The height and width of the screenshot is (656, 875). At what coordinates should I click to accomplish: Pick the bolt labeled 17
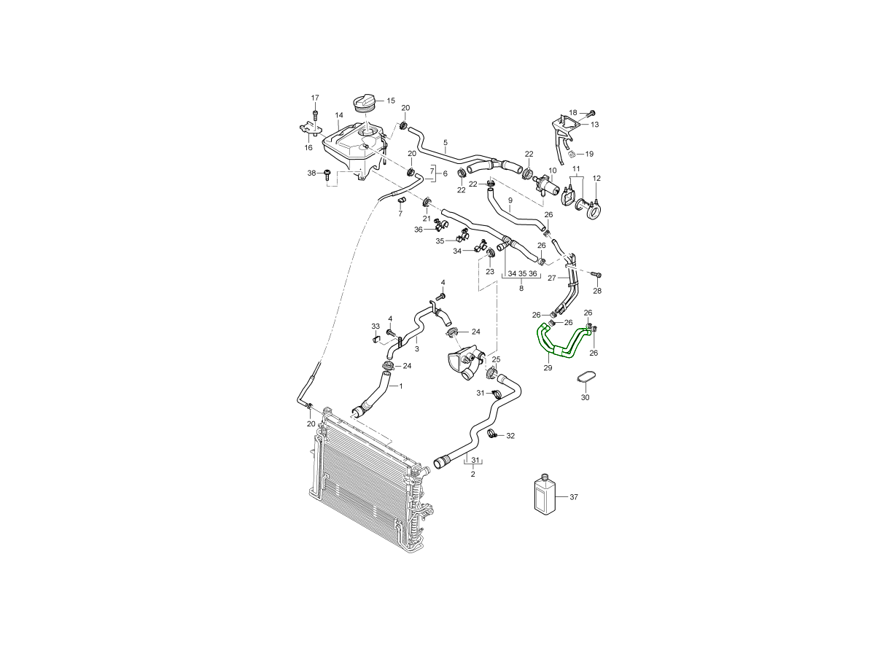click(x=315, y=115)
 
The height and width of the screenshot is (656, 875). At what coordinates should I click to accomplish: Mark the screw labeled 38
click(x=327, y=174)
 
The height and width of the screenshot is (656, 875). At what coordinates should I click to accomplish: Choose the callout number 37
click(x=574, y=497)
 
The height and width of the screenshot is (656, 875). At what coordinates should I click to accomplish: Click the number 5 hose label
click(x=446, y=142)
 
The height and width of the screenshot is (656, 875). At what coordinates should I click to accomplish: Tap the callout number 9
click(x=510, y=200)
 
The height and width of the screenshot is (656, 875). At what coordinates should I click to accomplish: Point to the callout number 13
click(x=594, y=125)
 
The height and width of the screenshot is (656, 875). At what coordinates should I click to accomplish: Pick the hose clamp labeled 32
click(x=492, y=434)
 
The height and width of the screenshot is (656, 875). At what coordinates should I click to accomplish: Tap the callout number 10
click(x=552, y=171)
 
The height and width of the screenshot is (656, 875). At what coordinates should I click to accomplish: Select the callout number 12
click(x=596, y=178)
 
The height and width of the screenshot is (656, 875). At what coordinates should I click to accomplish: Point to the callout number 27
click(x=552, y=278)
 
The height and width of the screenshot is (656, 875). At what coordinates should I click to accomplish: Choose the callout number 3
click(x=416, y=349)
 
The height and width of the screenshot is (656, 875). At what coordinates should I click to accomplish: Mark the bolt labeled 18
click(x=591, y=112)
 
